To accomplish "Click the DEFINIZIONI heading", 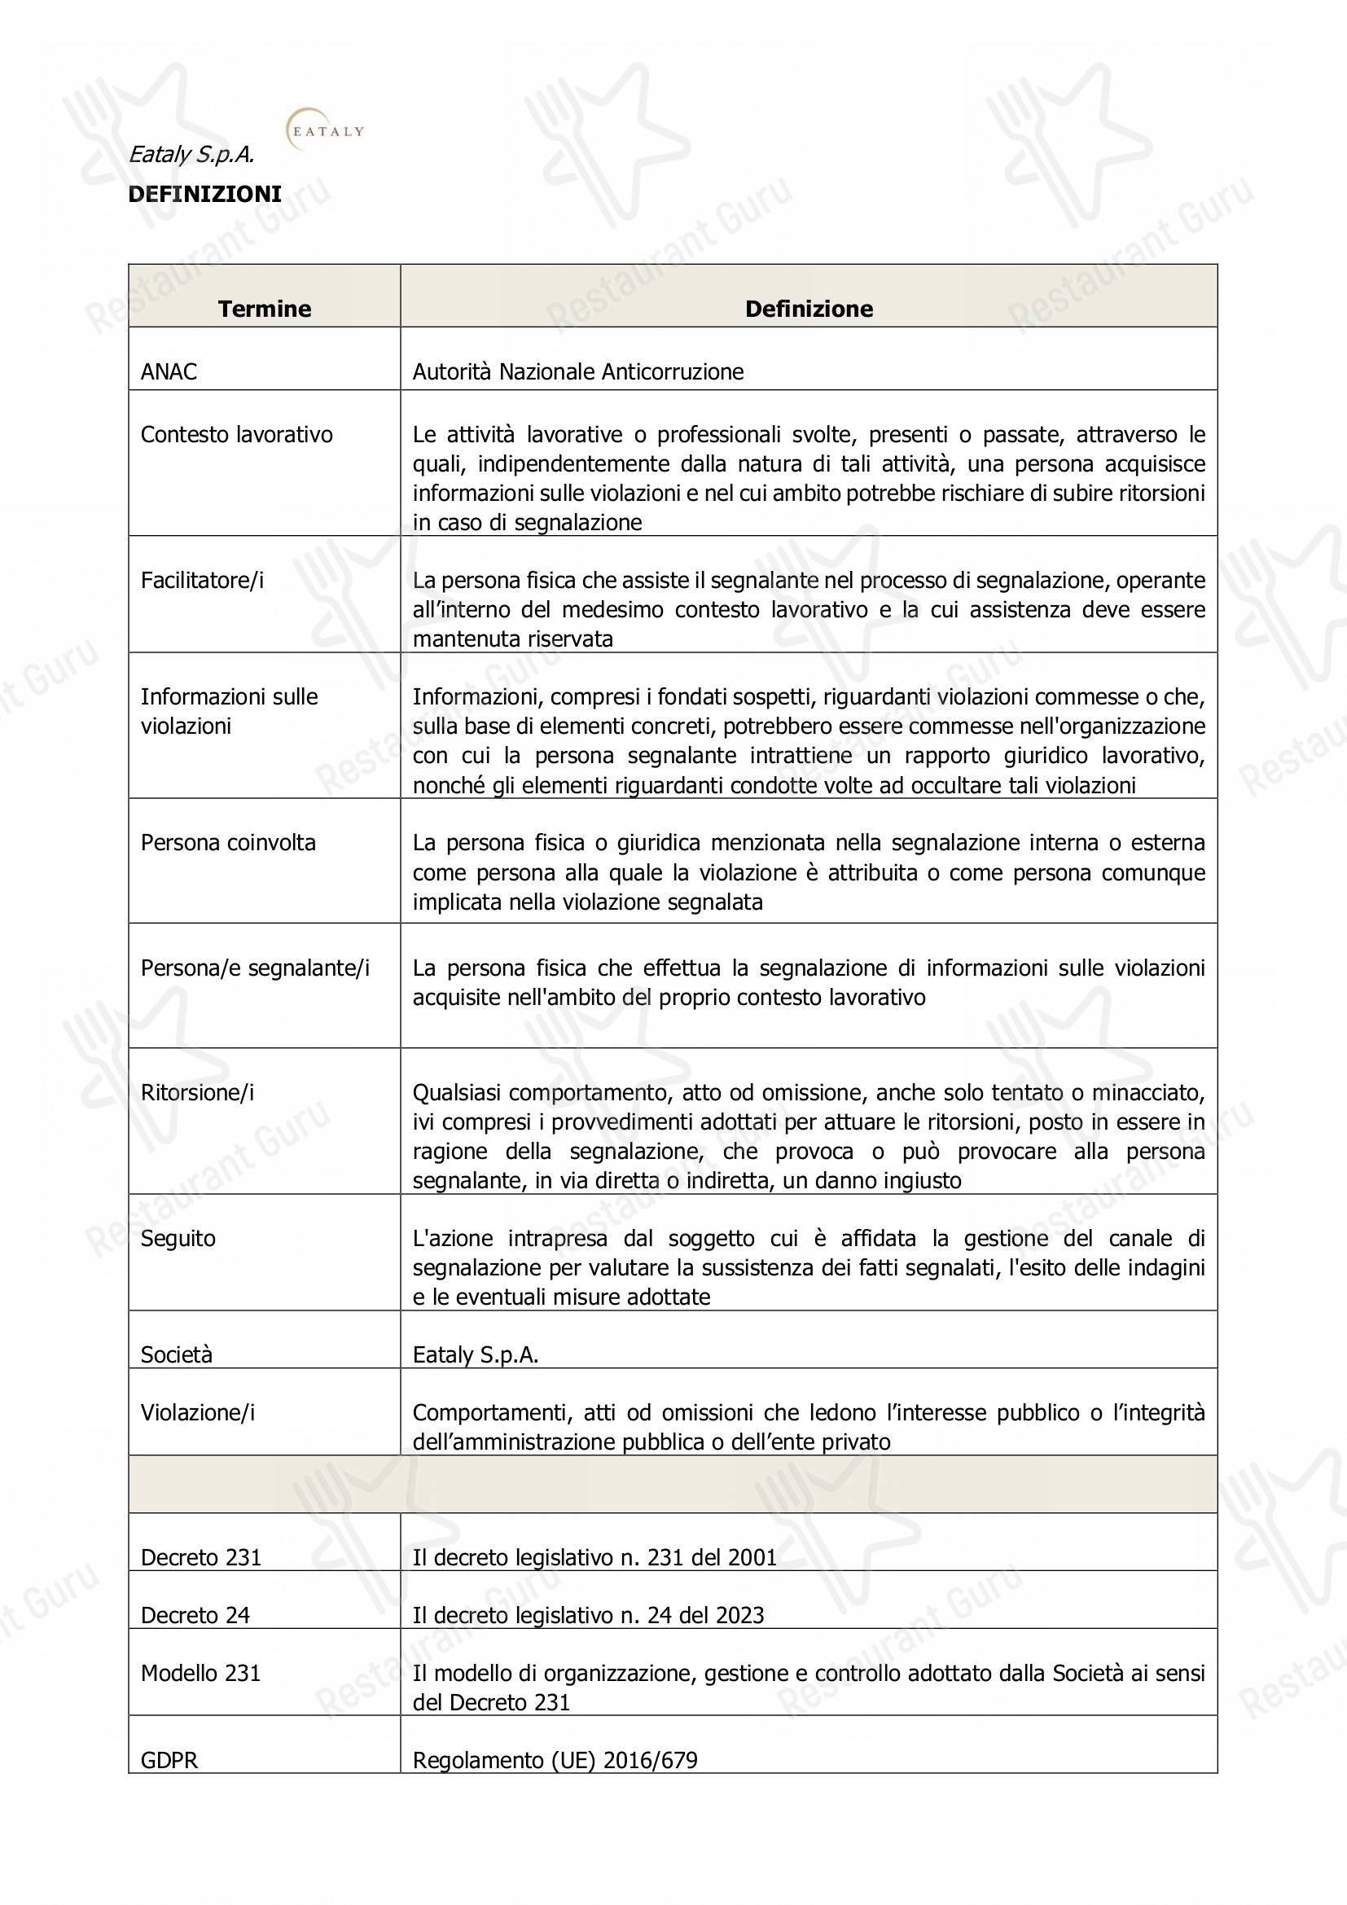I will pyautogui.click(x=205, y=194).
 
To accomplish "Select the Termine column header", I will pyautogui.click(x=265, y=309).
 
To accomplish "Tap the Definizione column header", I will pyautogui.click(x=809, y=309).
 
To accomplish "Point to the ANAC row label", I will pyautogui.click(x=169, y=371).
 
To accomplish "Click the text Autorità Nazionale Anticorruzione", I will pyautogui.click(x=578, y=371).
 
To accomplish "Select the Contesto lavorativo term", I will pyautogui.click(x=236, y=435).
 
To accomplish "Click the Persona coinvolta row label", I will pyautogui.click(x=228, y=843).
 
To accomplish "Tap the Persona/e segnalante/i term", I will pyautogui.click(x=256, y=968).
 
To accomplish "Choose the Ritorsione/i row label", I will pyautogui.click(x=197, y=1093).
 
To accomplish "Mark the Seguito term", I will pyautogui.click(x=178, y=1239).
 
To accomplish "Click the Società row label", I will pyautogui.click(x=177, y=1355).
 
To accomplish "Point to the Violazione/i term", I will pyautogui.click(x=198, y=1412).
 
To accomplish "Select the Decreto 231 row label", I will pyautogui.click(x=201, y=1557).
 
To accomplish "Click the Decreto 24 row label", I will pyautogui.click(x=195, y=1615).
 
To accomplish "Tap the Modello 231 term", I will pyautogui.click(x=200, y=1674).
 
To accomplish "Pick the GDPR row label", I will pyautogui.click(x=170, y=1760).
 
